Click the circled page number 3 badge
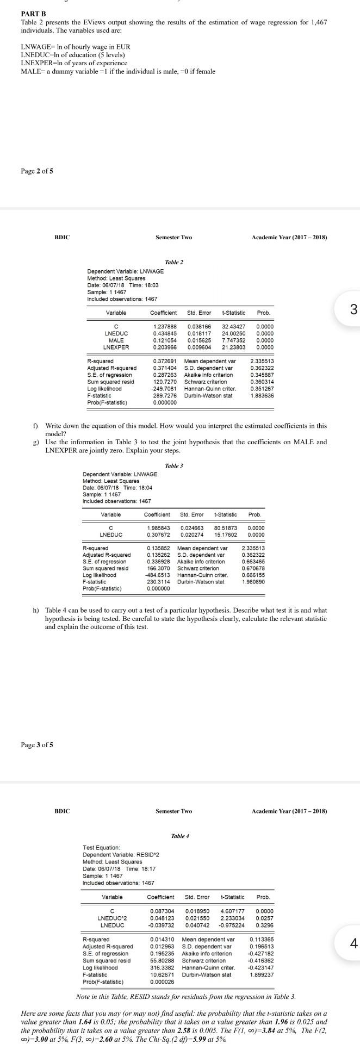(x=353, y=310)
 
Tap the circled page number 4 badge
(x=353, y=943)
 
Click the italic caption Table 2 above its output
(x=174, y=262)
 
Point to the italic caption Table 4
(x=180, y=835)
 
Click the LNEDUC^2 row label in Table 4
(x=112, y=918)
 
